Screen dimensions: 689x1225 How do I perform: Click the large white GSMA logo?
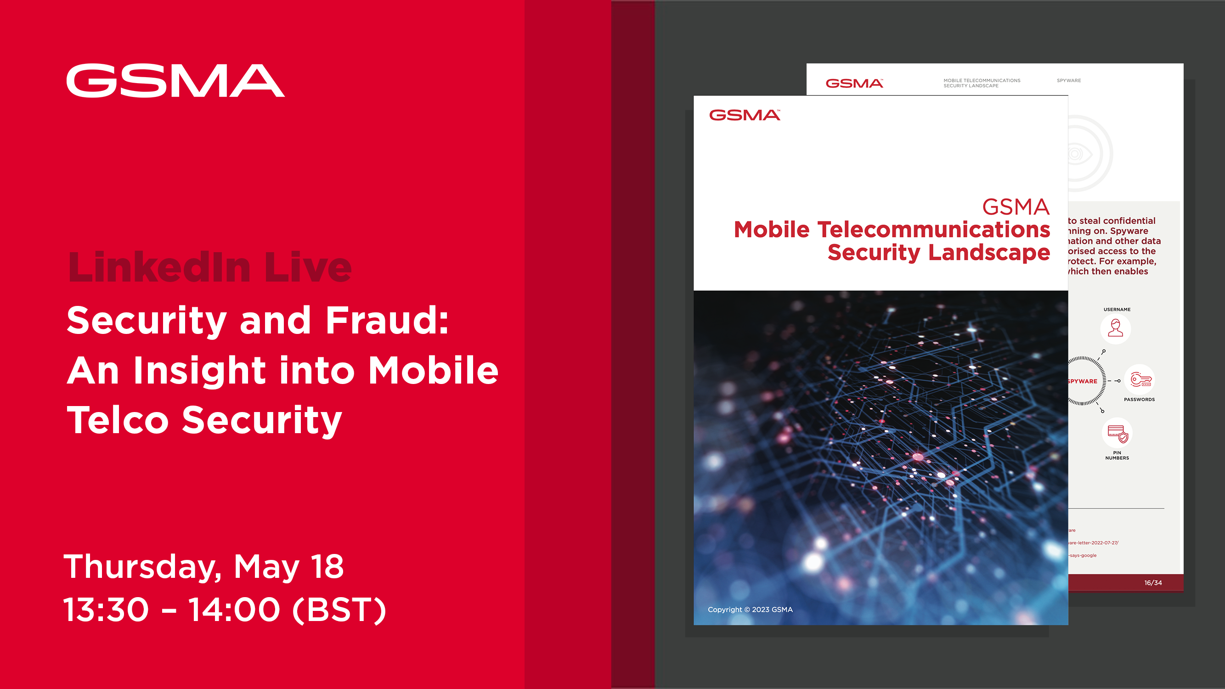click(x=175, y=81)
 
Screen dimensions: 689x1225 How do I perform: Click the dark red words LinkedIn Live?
click(x=210, y=267)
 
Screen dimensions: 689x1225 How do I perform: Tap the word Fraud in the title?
click(x=387, y=320)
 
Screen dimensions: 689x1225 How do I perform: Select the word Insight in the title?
click(x=199, y=370)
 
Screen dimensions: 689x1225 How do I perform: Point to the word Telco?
click(x=118, y=420)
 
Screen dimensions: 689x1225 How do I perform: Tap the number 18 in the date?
click(x=327, y=566)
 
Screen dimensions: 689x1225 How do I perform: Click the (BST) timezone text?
click(x=339, y=610)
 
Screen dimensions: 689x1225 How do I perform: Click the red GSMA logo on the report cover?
click(x=745, y=115)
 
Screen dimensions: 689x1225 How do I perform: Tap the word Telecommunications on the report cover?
click(x=933, y=230)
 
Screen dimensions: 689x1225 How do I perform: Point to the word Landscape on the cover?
click(x=989, y=252)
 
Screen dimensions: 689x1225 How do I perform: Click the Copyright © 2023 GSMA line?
click(x=750, y=610)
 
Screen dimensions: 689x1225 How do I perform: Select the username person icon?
click(x=1115, y=328)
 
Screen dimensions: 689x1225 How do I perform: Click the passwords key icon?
click(x=1140, y=379)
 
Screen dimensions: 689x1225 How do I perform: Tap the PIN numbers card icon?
click(x=1117, y=433)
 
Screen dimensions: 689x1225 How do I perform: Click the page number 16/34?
click(x=1153, y=582)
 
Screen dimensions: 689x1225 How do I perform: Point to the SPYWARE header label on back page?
click(x=1068, y=80)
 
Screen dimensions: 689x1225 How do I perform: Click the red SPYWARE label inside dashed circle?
click(x=1082, y=381)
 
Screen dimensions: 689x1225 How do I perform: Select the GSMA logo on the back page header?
click(x=854, y=83)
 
